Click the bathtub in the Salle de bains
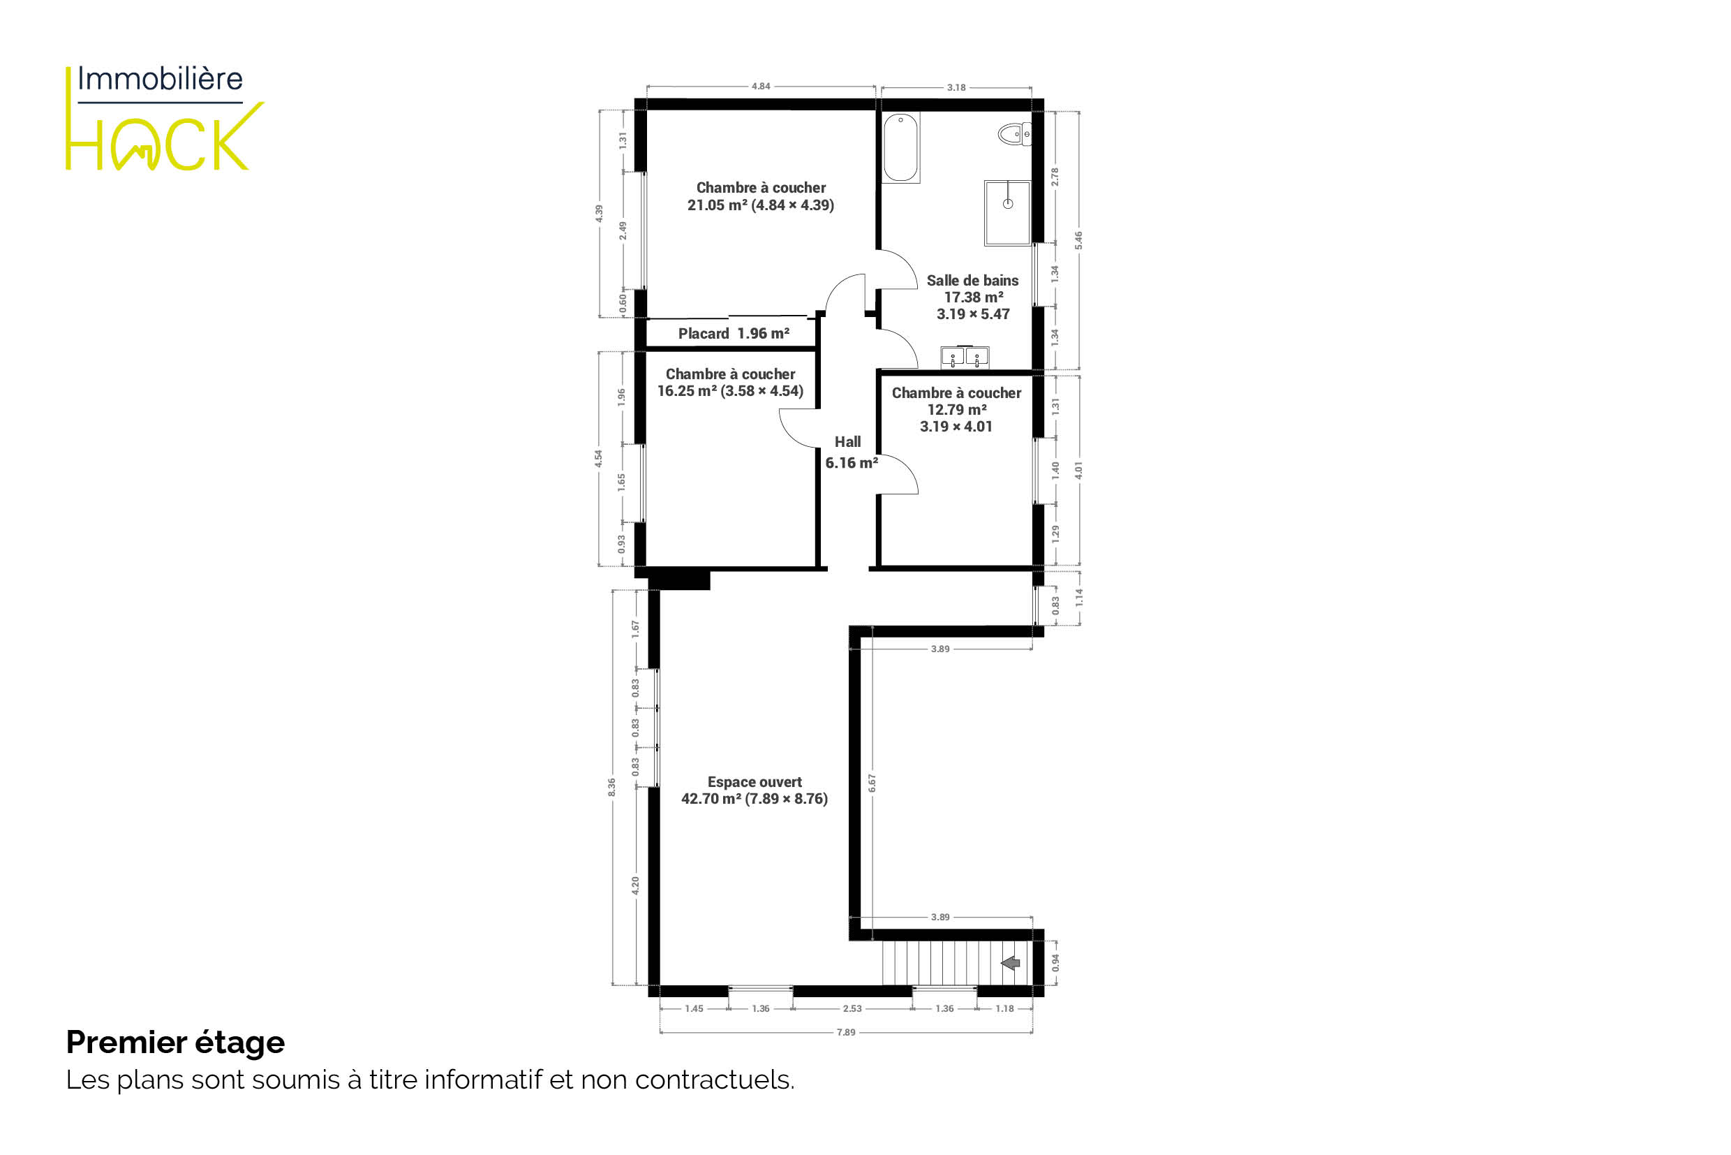[900, 147]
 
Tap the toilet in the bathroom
[1015, 134]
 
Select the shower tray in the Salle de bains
[1007, 212]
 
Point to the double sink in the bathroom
[965, 358]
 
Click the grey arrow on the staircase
[1010, 963]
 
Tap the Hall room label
[851, 453]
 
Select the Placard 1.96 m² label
[734, 334]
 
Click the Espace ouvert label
[755, 790]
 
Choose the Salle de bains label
[972, 297]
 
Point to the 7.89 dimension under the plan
[846, 1032]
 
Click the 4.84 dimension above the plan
[761, 86]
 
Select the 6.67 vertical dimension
[872, 783]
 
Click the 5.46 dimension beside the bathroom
[1078, 240]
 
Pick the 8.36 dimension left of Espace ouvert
[612, 787]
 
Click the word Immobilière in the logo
[160, 78]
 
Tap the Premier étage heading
[175, 1043]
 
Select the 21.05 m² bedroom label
[761, 197]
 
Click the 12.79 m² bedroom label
[956, 409]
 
